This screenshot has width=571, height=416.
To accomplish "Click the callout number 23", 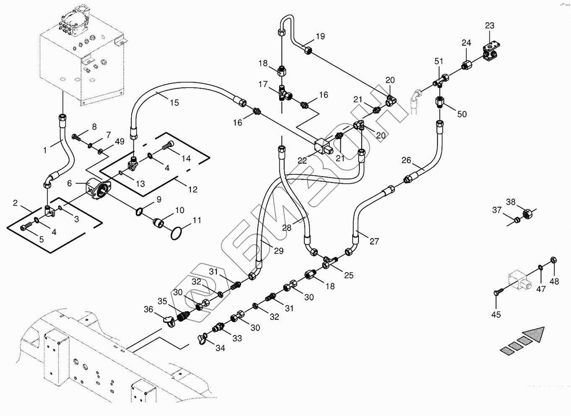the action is tap(490, 26).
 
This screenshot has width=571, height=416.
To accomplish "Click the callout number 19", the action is tap(320, 36).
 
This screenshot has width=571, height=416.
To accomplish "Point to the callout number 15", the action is tap(175, 103).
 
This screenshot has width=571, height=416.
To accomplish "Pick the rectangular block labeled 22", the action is tap(324, 146).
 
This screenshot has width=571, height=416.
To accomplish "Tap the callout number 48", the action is tap(554, 281).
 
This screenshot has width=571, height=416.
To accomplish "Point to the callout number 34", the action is tap(220, 348).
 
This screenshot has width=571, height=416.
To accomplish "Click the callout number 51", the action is tap(439, 62).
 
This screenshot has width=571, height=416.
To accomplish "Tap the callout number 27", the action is tap(374, 241).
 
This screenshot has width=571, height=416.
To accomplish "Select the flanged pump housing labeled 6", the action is tap(99, 190).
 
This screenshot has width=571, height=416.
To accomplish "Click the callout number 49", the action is tap(119, 142).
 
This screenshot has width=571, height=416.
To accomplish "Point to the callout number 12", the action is tap(193, 190).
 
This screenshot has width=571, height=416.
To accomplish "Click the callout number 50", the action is tap(462, 114).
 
